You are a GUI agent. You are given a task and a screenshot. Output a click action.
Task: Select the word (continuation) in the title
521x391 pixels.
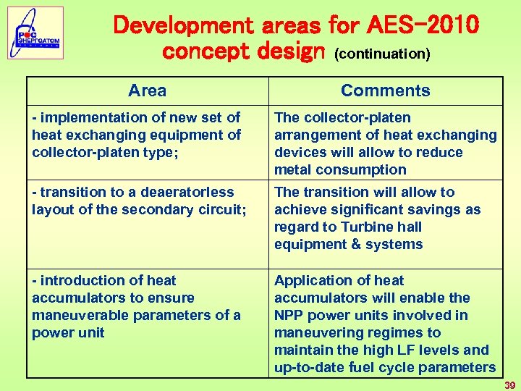click(x=381, y=54)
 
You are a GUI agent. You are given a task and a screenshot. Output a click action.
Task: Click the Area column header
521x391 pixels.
click(x=147, y=91)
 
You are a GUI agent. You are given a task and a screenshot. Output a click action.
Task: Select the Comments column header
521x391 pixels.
click(x=385, y=91)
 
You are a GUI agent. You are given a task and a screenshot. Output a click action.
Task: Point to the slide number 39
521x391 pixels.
click(x=510, y=385)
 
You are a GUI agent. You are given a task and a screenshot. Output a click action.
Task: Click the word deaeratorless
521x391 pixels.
click(x=188, y=192)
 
